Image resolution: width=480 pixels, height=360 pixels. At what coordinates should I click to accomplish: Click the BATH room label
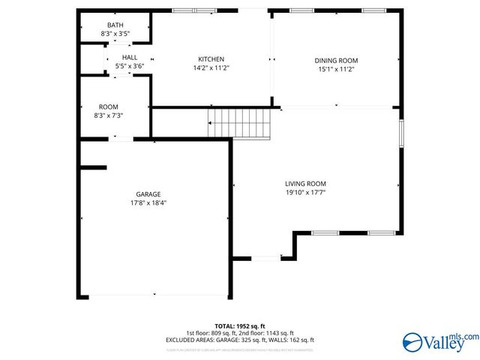[x=115, y=25]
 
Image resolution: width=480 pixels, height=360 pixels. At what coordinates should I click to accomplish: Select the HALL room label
[x=129, y=57]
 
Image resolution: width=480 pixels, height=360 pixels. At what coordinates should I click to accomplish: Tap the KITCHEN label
[x=211, y=59]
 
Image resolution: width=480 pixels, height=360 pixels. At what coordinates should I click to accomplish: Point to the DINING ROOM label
[x=335, y=61]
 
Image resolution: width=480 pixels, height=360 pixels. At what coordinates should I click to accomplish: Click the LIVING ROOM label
[x=305, y=184]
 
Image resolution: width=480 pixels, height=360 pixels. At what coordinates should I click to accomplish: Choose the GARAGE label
[x=148, y=194]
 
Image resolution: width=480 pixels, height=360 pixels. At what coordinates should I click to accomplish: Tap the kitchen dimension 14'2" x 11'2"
[x=211, y=68]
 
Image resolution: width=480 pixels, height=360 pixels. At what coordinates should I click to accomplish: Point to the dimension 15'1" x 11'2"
[x=335, y=70]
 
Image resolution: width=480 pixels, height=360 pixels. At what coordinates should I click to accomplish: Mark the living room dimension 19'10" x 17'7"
[x=305, y=193]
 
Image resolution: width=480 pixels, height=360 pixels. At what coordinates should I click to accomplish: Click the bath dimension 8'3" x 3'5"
[x=115, y=34]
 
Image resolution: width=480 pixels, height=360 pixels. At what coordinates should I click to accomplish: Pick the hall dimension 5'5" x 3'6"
[x=129, y=66]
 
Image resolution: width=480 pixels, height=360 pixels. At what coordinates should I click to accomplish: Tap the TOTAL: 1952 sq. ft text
[x=239, y=326]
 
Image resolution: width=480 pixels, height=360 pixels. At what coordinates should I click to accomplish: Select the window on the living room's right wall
[x=402, y=133]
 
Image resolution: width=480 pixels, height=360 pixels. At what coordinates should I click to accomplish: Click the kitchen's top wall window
[x=193, y=10]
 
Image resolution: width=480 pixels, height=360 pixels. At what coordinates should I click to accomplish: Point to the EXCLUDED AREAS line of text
[x=239, y=340]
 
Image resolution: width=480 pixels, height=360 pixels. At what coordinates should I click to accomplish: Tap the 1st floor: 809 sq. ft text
[x=211, y=333]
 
